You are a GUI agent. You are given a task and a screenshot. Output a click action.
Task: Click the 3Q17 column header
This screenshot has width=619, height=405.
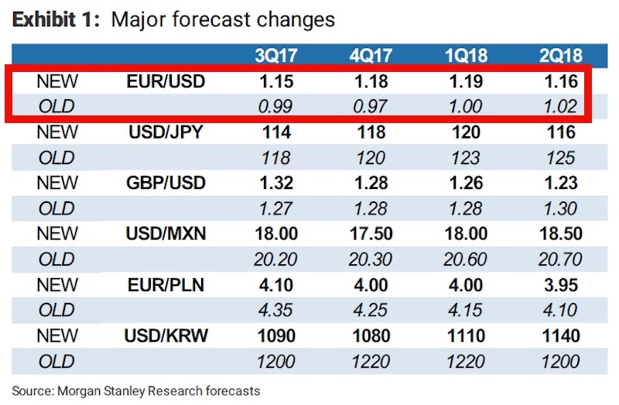click(276, 55)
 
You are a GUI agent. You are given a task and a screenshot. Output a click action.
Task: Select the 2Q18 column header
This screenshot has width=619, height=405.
click(560, 55)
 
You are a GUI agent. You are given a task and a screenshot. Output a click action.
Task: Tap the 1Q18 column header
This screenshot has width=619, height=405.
click(465, 55)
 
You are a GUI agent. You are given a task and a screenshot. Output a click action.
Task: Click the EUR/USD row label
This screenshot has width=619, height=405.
click(166, 81)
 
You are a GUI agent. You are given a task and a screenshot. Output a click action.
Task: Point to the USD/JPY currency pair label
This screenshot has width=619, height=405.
click(166, 132)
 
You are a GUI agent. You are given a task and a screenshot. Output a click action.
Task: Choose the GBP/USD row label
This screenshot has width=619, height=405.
click(166, 183)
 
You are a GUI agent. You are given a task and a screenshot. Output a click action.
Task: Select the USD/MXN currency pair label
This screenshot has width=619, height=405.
click(166, 234)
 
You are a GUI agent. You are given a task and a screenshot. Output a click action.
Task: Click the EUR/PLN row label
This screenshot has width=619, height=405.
click(166, 285)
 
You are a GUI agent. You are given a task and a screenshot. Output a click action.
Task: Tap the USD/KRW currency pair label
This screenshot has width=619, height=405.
click(166, 336)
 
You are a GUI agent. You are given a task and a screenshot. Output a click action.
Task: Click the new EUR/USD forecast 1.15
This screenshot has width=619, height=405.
click(276, 81)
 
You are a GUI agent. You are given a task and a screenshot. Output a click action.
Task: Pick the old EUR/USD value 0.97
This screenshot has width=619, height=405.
click(371, 107)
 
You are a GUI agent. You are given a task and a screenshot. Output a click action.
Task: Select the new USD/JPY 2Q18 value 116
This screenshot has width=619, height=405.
click(560, 132)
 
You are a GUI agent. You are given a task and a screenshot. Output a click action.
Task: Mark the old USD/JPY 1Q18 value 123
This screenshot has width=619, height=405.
click(465, 158)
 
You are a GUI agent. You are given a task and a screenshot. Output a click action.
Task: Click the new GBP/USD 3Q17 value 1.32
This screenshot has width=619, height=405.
click(276, 183)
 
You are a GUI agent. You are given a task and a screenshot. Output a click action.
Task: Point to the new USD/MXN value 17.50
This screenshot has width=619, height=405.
click(371, 234)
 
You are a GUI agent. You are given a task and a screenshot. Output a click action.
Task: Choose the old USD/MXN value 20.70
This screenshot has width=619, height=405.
click(560, 260)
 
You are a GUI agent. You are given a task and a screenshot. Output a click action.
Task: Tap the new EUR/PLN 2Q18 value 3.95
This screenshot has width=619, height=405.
click(560, 285)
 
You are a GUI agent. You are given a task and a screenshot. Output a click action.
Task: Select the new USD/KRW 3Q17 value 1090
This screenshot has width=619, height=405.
click(276, 336)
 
